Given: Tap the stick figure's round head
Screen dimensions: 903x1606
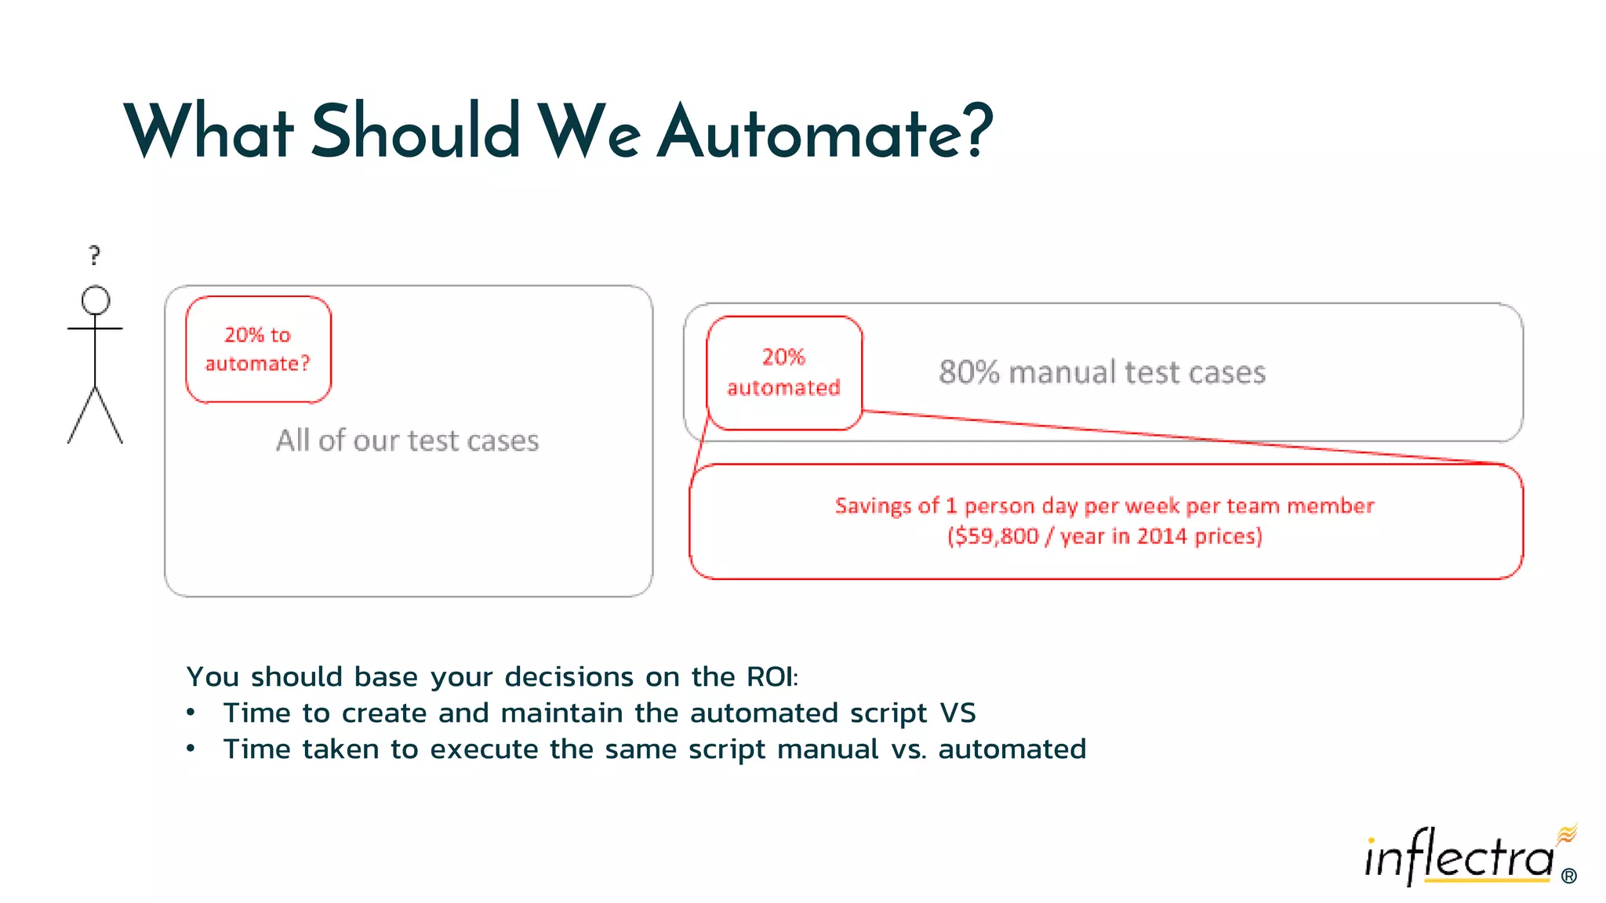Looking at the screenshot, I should tap(96, 300).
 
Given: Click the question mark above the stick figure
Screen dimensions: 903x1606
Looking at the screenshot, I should tap(95, 255).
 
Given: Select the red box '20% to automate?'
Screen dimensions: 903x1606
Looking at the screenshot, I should tap(258, 350).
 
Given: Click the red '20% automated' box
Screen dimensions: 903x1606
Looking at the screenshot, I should tap(783, 372).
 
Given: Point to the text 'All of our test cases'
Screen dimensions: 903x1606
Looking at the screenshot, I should tap(407, 441).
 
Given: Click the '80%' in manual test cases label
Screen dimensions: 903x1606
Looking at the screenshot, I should tap(968, 372).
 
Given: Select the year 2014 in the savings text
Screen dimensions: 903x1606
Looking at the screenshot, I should tap(1162, 536).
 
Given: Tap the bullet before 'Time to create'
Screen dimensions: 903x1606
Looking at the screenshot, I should tap(191, 713).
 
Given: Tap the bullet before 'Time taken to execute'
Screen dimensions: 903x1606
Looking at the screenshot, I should tap(191, 749).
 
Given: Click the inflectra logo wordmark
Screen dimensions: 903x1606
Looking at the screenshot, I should tap(1459, 858).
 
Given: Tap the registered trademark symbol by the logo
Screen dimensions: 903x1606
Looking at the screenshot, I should tap(1568, 876).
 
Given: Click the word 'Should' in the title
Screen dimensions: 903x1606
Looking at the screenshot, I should tap(416, 132).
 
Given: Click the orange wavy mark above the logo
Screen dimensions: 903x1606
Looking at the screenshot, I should tap(1566, 834).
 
